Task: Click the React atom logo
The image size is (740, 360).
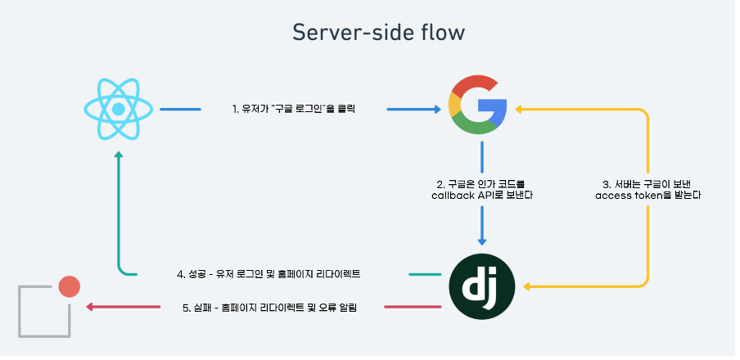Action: pos(119,108)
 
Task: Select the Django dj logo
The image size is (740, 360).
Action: pos(481,286)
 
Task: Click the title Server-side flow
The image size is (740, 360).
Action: pos(378,33)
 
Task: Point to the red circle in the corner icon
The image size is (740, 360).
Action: pos(69,286)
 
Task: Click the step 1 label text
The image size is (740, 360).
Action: pos(293,108)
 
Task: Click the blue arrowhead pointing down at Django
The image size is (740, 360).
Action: pos(482,241)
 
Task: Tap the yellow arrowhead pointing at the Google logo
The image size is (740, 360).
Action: pos(515,108)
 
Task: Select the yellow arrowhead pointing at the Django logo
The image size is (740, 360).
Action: pos(529,286)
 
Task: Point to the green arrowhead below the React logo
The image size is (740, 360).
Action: pos(119,155)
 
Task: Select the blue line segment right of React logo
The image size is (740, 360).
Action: pos(180,108)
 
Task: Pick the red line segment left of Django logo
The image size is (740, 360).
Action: pos(413,307)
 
